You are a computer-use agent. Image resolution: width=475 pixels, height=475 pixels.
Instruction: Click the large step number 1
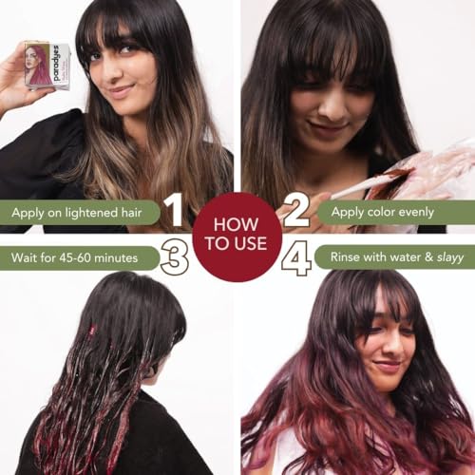173,211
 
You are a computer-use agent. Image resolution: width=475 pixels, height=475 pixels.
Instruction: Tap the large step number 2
296,211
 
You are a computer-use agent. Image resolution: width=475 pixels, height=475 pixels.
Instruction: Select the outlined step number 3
175,256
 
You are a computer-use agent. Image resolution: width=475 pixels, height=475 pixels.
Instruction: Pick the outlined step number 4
296,257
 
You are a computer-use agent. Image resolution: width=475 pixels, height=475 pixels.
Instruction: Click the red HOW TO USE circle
237,235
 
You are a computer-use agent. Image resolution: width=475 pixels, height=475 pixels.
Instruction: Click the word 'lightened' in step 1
91,213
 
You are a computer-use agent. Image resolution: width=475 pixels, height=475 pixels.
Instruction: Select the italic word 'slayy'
450,257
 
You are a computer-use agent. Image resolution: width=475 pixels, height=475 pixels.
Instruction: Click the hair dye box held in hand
47,66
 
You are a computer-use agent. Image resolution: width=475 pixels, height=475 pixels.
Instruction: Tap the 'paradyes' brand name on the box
57,63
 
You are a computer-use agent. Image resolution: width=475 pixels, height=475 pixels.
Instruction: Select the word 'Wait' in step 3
24,257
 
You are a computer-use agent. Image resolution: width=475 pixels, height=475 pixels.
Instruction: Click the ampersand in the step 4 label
428,256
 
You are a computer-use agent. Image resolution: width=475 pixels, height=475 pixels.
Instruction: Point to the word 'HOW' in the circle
236,224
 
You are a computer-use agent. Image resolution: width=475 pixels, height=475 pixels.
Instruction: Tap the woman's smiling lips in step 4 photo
387,365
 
